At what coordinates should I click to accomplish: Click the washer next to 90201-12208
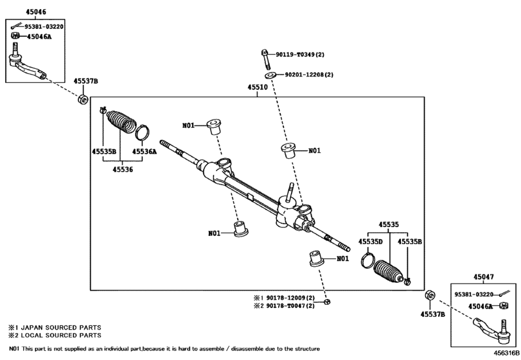coord(272,75)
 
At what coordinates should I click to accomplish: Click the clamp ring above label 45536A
coord(143,132)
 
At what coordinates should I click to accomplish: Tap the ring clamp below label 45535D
coord(368,260)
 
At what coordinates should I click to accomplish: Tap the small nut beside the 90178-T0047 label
coord(328,302)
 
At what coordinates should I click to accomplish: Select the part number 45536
coord(123,170)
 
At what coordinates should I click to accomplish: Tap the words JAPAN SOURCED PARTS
coord(61,327)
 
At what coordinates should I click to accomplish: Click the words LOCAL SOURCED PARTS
coord(61,336)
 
